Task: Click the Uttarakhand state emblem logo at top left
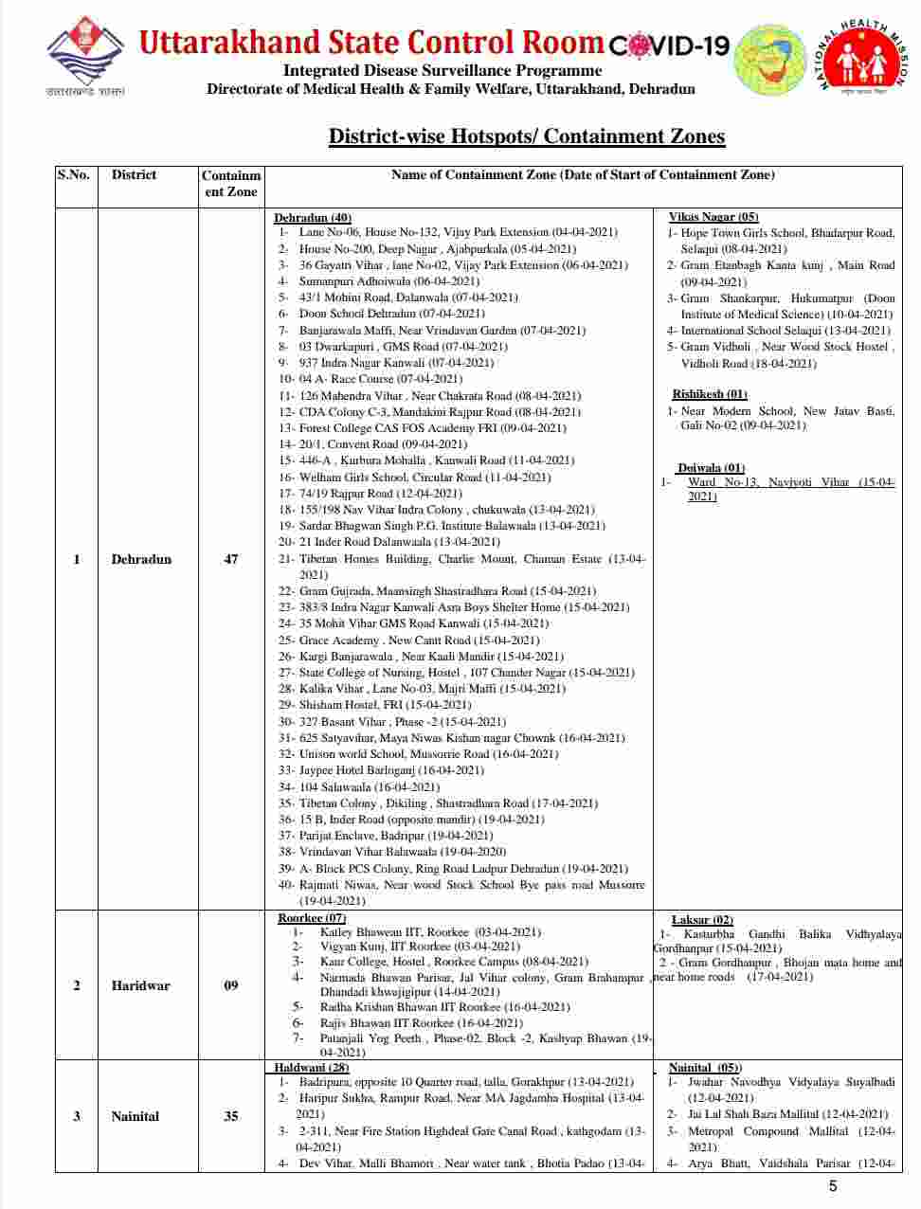click(x=85, y=57)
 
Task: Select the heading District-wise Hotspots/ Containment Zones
click(x=526, y=136)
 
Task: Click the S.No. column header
click(x=73, y=175)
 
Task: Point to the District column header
click(x=134, y=175)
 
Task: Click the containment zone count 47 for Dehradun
click(x=230, y=559)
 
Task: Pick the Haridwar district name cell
click(x=140, y=985)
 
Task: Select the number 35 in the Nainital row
click(x=230, y=1116)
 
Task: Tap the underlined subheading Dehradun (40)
click(x=313, y=218)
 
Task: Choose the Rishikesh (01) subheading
click(x=710, y=394)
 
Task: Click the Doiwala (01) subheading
click(x=711, y=468)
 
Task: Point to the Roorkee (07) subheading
click(x=311, y=918)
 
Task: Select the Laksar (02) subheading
click(x=702, y=920)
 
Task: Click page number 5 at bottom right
click(x=833, y=1186)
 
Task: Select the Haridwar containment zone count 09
click(x=230, y=985)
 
